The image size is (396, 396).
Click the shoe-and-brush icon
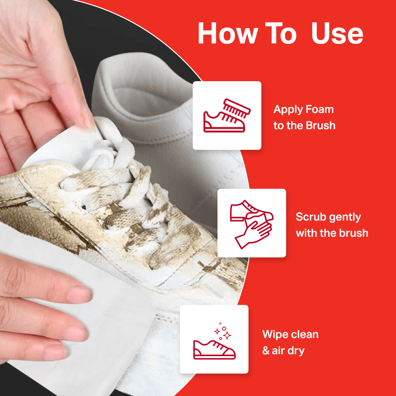pos(227,115)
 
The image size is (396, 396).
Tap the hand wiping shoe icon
pos(251,223)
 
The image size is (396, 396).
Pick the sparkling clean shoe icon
pos(214,339)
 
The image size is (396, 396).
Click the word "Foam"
pos(319,109)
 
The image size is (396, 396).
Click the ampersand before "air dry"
pos(266,350)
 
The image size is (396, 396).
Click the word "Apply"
pos(288,110)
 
